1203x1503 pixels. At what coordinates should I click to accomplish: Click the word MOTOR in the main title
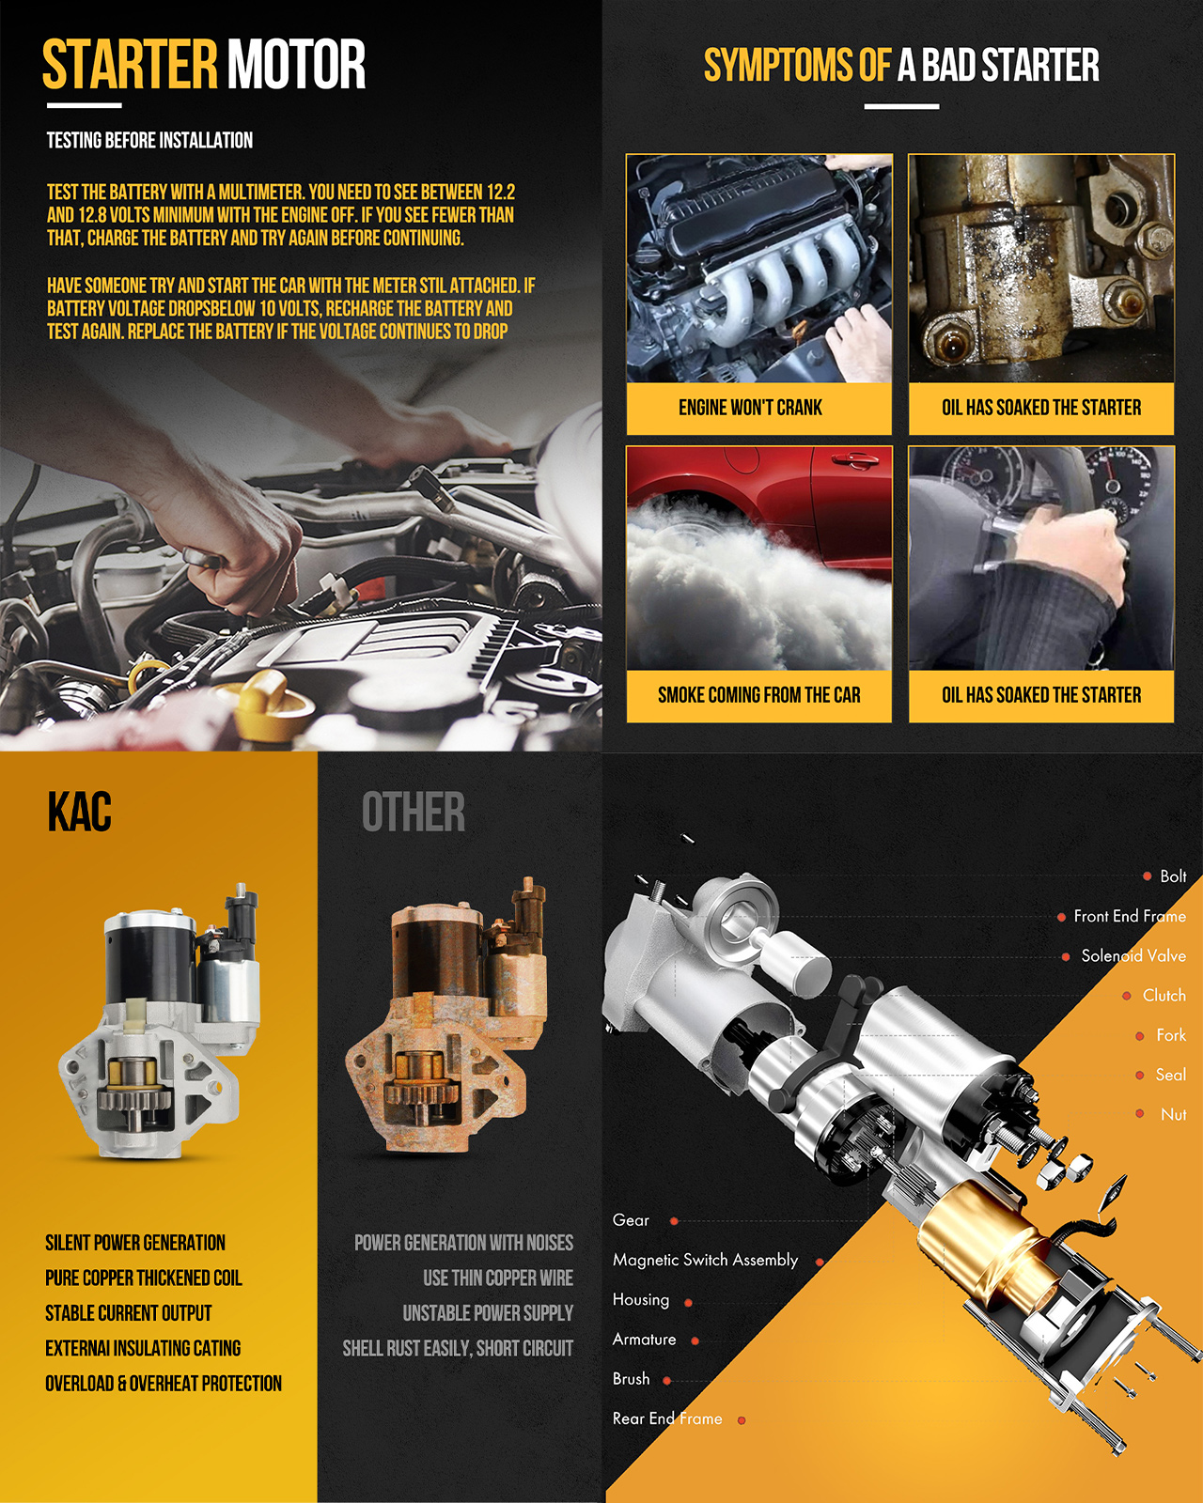(x=296, y=65)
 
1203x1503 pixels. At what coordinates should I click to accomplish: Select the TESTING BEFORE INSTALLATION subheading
(x=149, y=140)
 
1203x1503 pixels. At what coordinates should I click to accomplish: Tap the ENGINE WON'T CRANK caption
(x=750, y=408)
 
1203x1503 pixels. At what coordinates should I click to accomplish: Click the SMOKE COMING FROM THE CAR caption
(x=758, y=695)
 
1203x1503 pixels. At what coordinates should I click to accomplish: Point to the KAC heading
(x=79, y=812)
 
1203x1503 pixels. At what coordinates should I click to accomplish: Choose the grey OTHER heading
(x=414, y=812)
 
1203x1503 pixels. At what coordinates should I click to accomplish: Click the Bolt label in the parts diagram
(x=1173, y=875)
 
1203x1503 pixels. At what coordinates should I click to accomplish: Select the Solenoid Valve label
(x=1133, y=955)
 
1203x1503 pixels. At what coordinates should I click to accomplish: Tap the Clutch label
(x=1164, y=995)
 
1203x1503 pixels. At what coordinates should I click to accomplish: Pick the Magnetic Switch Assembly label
(x=705, y=1260)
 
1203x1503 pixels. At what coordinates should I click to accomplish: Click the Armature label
(x=644, y=1339)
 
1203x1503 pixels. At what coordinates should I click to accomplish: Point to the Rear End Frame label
(x=667, y=1418)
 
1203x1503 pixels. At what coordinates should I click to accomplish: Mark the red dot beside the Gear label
(x=674, y=1221)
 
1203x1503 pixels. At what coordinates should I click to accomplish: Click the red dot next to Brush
(x=667, y=1380)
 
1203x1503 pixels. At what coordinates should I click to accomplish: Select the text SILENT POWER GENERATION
(x=135, y=1243)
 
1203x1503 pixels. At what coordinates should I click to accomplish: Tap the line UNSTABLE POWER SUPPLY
(x=487, y=1313)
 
